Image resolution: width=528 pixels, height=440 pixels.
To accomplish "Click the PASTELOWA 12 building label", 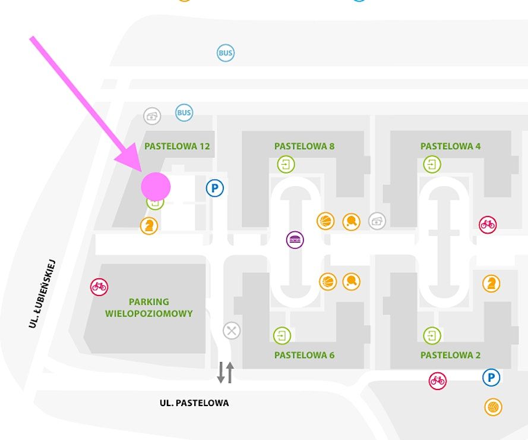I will click(177, 146).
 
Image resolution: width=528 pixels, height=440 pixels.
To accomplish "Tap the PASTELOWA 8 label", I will click(304, 146).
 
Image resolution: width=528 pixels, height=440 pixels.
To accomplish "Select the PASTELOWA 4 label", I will click(450, 146).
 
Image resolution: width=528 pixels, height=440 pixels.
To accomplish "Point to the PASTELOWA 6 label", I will click(304, 355).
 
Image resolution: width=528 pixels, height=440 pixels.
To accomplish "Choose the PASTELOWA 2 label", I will click(450, 355).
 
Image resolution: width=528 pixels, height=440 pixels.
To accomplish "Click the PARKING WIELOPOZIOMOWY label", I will click(149, 307).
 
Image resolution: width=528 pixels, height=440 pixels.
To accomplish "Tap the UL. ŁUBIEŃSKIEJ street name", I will click(42, 293).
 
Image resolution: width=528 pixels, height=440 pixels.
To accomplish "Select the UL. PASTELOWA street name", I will click(194, 403).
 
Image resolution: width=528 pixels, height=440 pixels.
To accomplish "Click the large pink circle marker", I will click(156, 187).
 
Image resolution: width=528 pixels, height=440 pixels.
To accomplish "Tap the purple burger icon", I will click(295, 240).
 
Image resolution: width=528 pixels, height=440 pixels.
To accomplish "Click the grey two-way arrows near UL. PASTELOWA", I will click(225, 372).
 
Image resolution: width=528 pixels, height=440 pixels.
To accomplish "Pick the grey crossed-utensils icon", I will click(232, 331).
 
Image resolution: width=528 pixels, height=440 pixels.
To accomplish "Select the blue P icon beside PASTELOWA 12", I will click(215, 188).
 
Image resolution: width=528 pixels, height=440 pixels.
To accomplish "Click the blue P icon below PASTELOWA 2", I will click(491, 377).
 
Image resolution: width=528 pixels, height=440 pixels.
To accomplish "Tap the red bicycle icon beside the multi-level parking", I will click(99, 287).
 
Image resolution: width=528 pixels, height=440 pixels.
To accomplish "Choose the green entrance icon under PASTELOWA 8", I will click(286, 164).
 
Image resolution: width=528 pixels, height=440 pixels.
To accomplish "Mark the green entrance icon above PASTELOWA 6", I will click(282, 335).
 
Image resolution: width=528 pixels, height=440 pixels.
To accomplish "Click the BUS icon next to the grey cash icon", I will click(184, 112).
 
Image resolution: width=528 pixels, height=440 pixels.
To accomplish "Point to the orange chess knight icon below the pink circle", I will click(149, 226).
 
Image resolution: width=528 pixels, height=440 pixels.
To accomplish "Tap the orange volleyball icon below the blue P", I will click(493, 407).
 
